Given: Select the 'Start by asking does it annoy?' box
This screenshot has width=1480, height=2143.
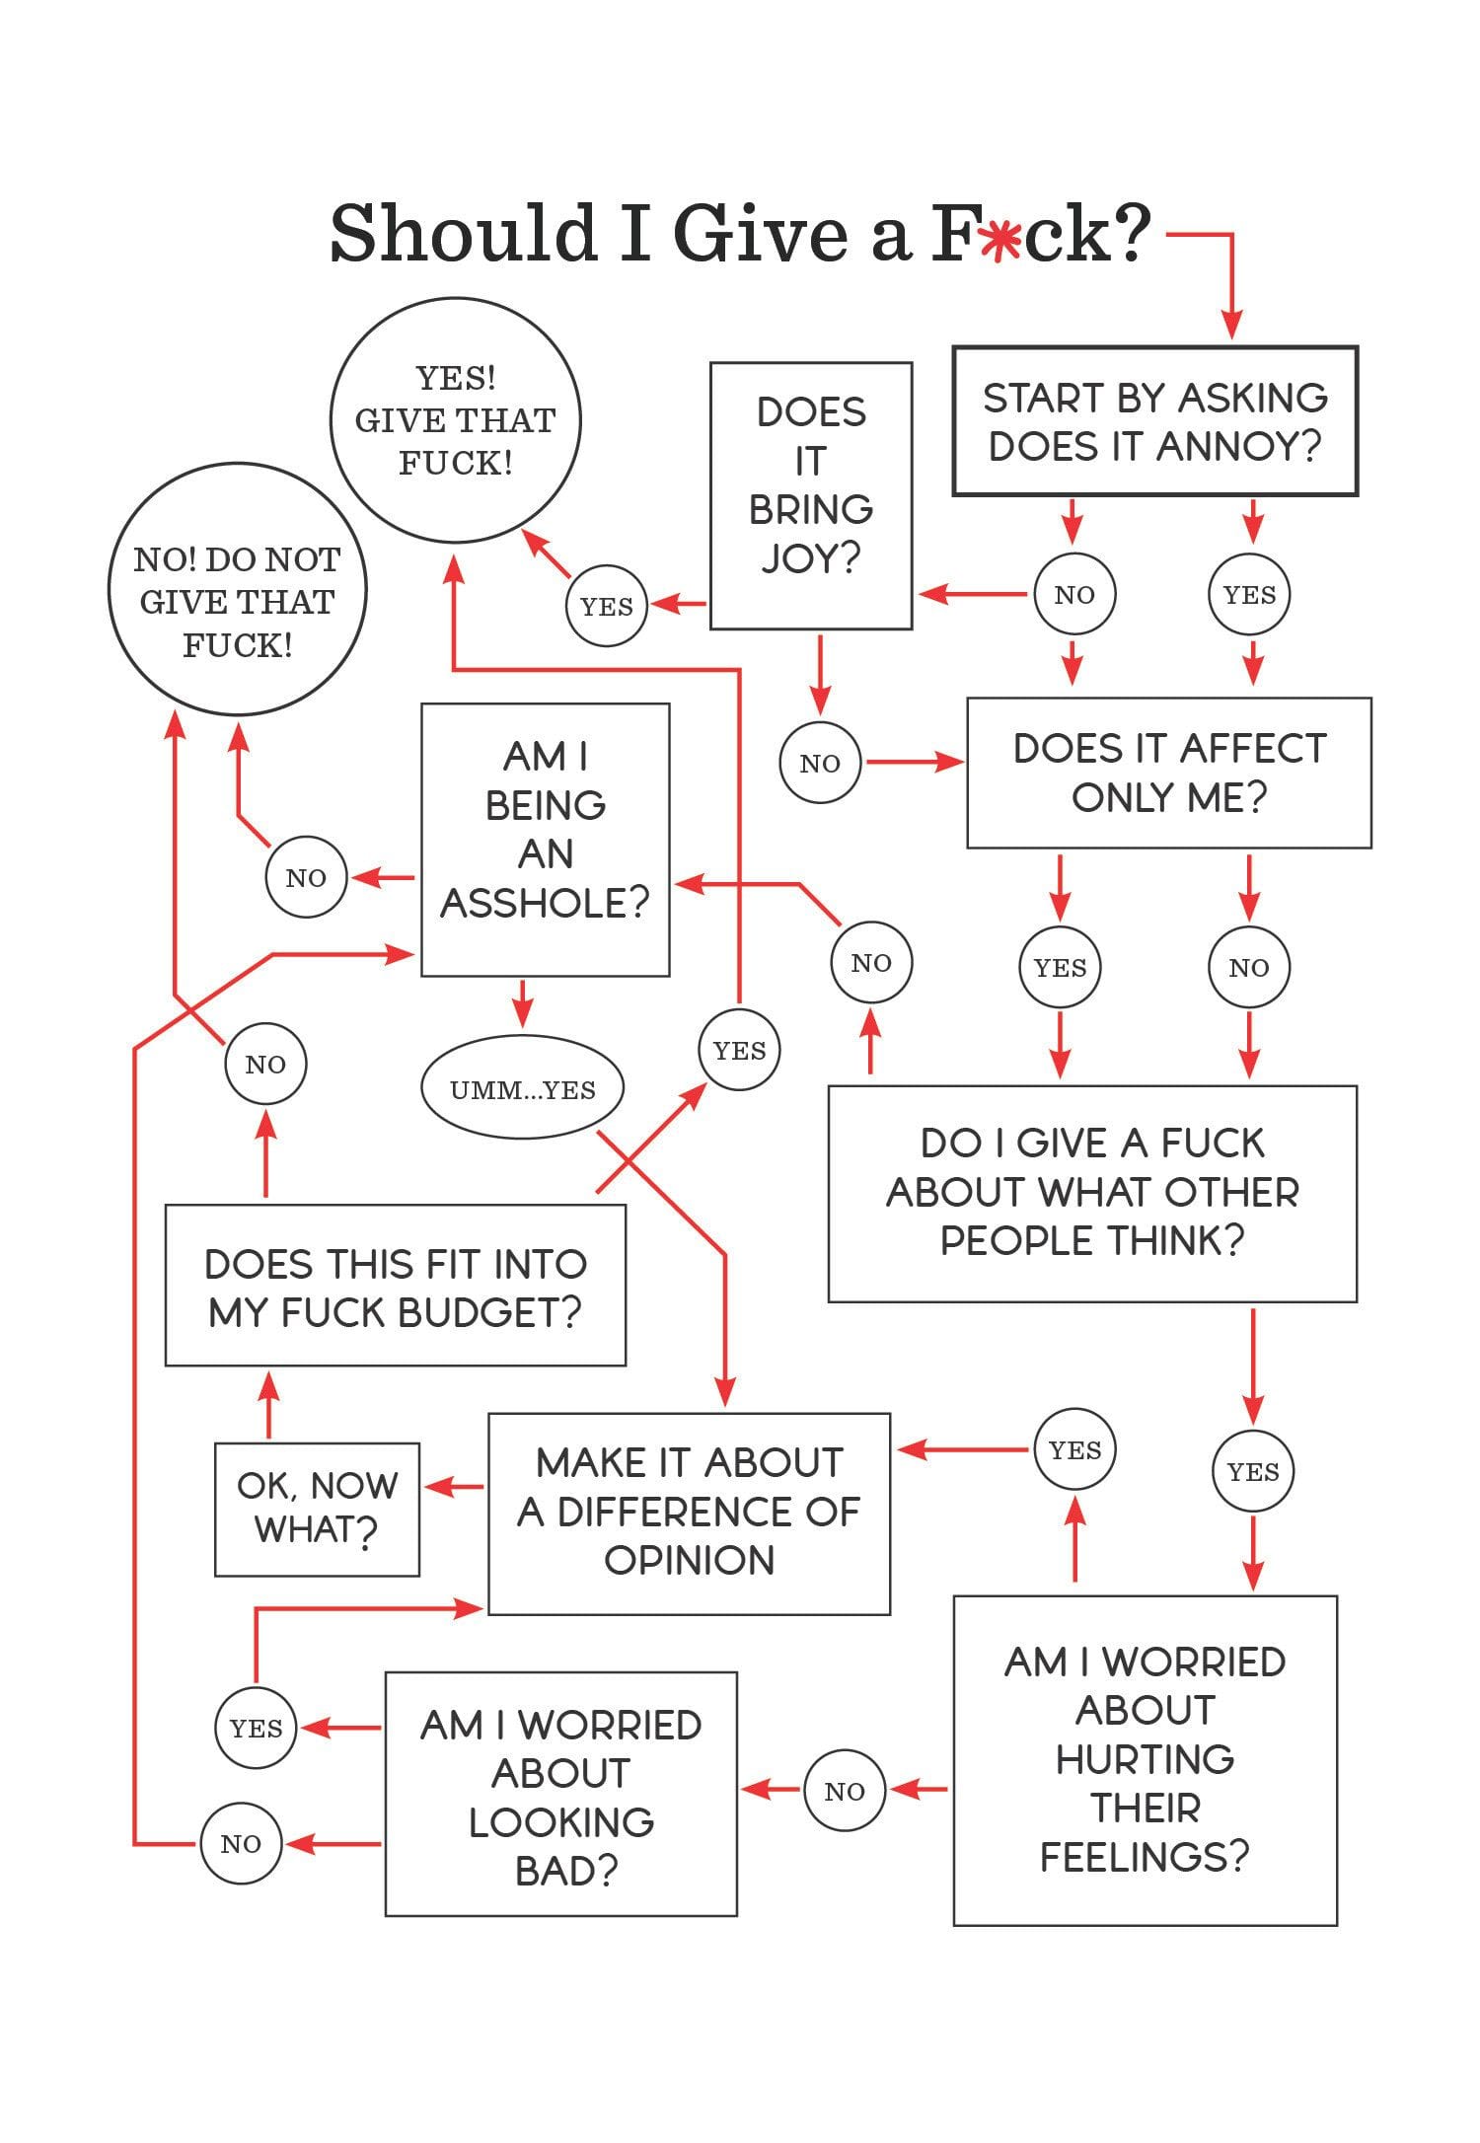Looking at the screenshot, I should point(1154,421).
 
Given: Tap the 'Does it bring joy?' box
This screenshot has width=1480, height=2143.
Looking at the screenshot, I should point(811,495).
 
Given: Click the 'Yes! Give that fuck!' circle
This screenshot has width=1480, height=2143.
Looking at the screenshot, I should point(456,420).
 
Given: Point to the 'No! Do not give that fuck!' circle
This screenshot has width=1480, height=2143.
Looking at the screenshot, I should point(237,590).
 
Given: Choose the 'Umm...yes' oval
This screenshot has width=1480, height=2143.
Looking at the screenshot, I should point(523,1089).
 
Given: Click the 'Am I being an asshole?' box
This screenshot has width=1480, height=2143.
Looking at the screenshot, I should point(546,840).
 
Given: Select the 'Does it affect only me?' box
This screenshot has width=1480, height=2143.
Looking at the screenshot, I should point(1169,773).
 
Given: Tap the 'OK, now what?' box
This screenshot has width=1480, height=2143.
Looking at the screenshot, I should point(317,1509).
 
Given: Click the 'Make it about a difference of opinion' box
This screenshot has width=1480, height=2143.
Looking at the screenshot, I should point(689,1514).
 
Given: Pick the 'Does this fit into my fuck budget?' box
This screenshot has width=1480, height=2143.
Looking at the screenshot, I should point(395,1286).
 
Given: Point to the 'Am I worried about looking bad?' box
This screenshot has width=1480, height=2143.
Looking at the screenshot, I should point(560,1798).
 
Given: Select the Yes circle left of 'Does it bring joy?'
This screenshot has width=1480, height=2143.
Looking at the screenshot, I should point(607,606).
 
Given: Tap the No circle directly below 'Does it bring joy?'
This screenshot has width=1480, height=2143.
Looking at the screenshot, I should point(820,763).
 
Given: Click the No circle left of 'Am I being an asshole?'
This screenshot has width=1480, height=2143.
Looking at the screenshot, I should point(306,877).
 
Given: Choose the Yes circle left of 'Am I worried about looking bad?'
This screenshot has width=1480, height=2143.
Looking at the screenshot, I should point(256,1728).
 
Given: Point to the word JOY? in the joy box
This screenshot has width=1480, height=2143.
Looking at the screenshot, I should point(811,558).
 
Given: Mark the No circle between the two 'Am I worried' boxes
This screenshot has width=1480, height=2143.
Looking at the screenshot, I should point(845,1791).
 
